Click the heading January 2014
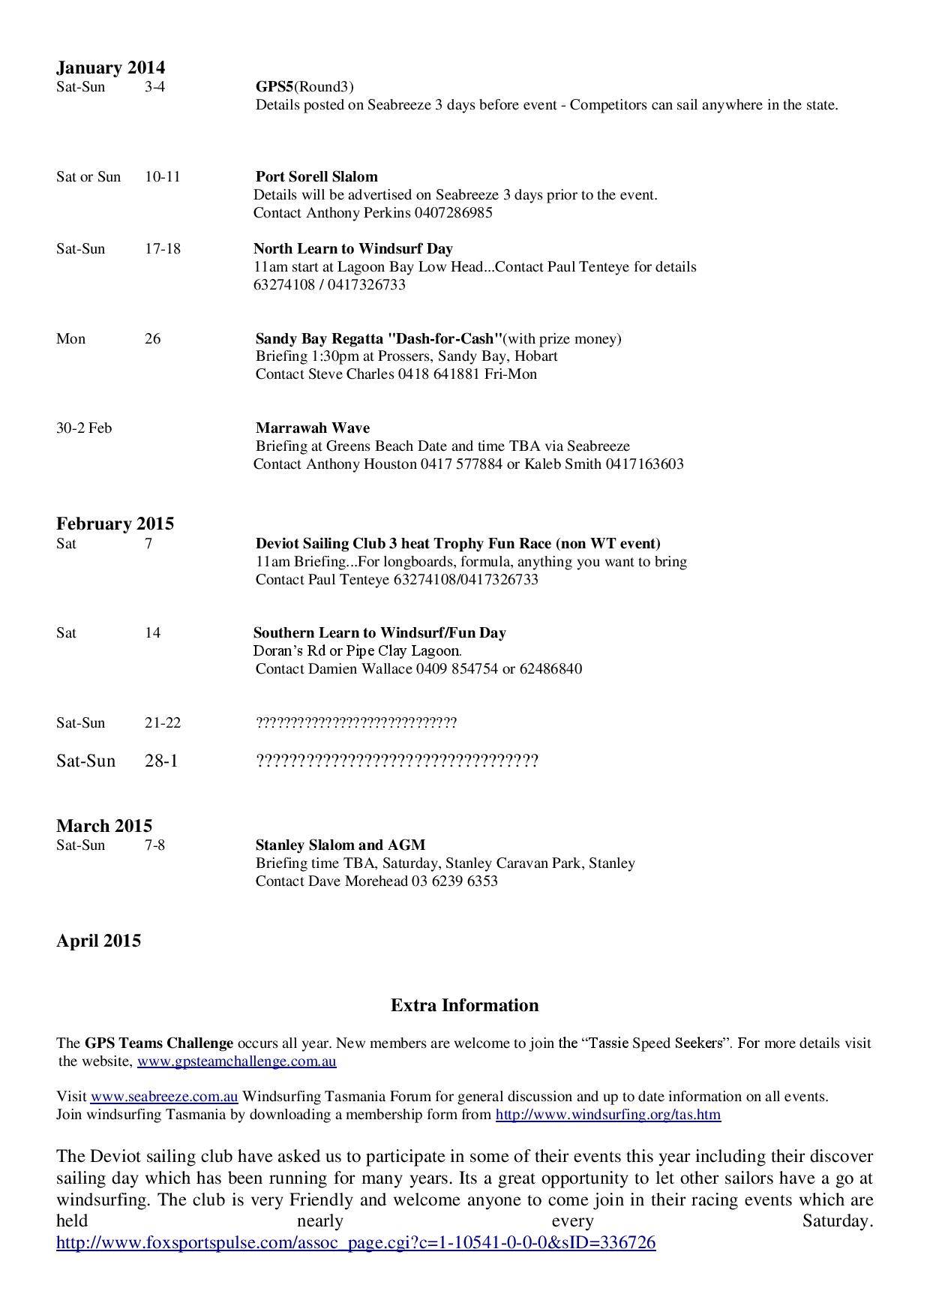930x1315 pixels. pyautogui.click(x=110, y=68)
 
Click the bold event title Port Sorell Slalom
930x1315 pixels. pyautogui.click(x=316, y=177)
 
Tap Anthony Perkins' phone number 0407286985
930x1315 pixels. pyautogui.click(x=453, y=213)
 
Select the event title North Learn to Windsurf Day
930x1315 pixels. pyautogui.click(x=352, y=249)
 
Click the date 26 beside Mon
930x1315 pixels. pyautogui.click(x=152, y=339)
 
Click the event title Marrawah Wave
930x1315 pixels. pyautogui.click(x=312, y=428)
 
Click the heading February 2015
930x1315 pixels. pyautogui.click(x=115, y=524)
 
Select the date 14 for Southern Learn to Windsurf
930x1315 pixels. pyautogui.click(x=152, y=633)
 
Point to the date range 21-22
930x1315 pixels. pyautogui.click(x=163, y=723)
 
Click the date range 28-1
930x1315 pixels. pyautogui.click(x=161, y=761)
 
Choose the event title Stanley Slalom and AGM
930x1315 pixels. pyautogui.click(x=340, y=845)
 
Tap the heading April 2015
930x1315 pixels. pyautogui.click(x=98, y=941)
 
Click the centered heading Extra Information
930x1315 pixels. pyautogui.click(x=464, y=1006)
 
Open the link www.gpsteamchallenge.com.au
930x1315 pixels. pyautogui.click(x=236, y=1061)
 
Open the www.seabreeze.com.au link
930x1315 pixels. pyautogui.click(x=164, y=1097)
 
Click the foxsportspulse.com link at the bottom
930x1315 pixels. pyautogui.click(x=355, y=1243)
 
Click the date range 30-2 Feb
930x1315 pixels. pyautogui.click(x=84, y=428)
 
